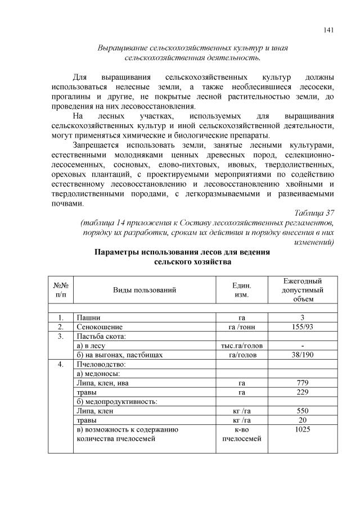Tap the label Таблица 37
pos(314,212)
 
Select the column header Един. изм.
pos(241,290)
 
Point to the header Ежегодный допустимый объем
pos(302,290)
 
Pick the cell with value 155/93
pos(302,326)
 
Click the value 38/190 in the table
pos(302,355)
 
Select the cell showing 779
pos(302,383)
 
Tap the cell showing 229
pos(302,392)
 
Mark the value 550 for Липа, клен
pos(302,411)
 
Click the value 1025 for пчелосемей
pos(302,430)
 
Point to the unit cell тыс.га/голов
pos(241,346)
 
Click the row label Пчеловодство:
pos(100,364)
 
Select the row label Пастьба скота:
pos(101,336)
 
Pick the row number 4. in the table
pos(61,364)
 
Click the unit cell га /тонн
pos(241,326)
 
